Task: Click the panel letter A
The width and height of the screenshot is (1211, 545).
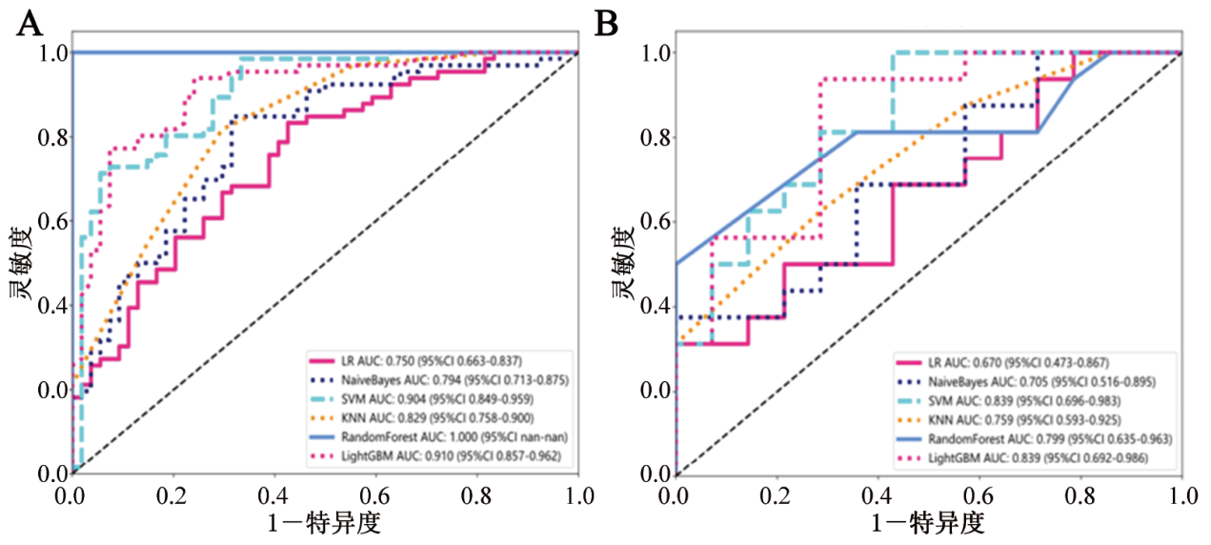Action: click(x=30, y=23)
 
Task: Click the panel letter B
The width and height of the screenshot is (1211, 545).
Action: click(x=606, y=23)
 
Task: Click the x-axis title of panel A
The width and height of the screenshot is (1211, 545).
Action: click(x=324, y=522)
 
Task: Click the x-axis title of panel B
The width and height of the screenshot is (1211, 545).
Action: click(x=927, y=522)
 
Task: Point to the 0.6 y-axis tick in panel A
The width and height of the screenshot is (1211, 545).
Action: click(x=52, y=221)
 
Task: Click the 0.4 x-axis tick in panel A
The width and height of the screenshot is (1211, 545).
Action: click(x=274, y=495)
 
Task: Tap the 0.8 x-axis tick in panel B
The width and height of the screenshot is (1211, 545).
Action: click(x=1080, y=495)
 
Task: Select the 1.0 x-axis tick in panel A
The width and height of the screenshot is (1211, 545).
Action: click(x=578, y=495)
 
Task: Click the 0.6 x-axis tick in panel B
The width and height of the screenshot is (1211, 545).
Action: click(x=979, y=495)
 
